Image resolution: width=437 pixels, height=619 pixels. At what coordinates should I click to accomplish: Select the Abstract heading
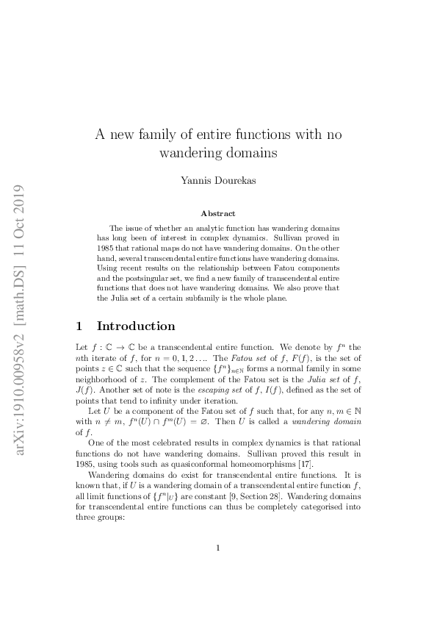(x=218, y=214)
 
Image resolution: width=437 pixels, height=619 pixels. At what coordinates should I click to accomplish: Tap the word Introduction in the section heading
(x=136, y=326)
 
